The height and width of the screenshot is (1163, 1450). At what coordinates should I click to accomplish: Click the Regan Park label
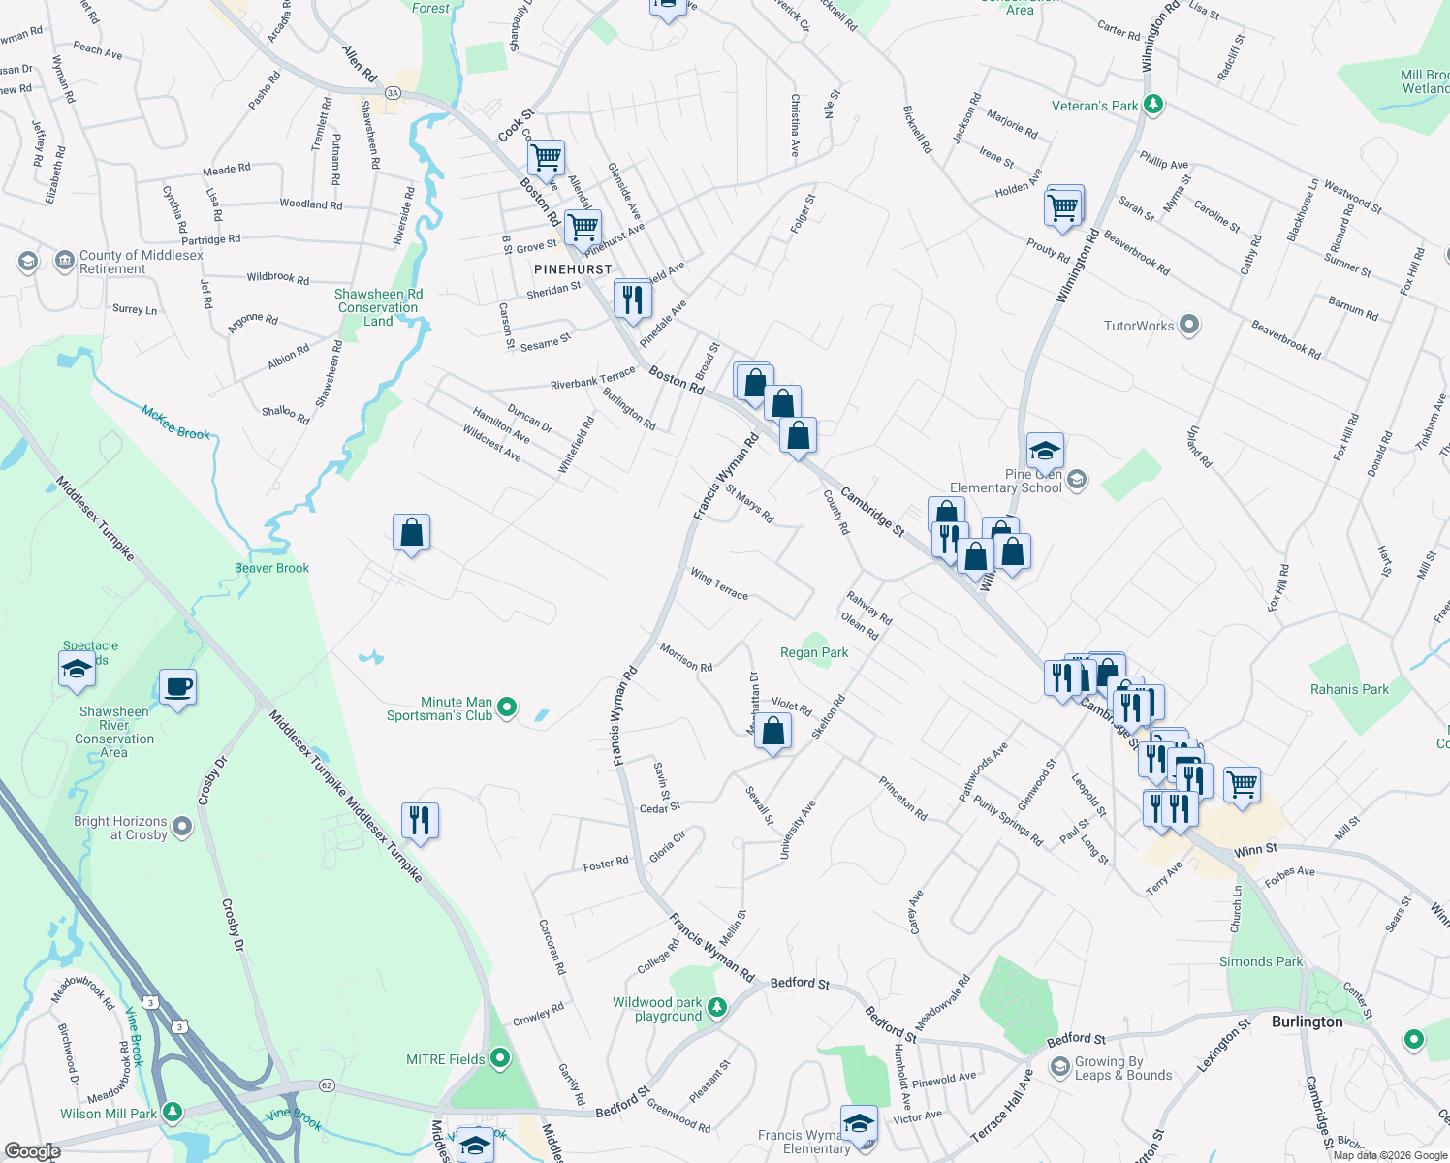(x=814, y=653)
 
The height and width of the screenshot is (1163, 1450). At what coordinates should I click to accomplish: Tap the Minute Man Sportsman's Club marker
(x=507, y=708)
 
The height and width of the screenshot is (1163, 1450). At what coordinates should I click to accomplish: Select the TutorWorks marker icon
(x=1189, y=326)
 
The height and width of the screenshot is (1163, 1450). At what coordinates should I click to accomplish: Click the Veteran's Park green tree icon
(x=1152, y=105)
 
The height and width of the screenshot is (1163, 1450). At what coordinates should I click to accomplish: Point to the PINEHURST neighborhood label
(x=573, y=269)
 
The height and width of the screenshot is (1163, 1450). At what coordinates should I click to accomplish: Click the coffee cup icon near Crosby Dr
(x=177, y=688)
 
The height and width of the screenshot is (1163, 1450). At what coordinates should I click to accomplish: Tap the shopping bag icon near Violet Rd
(x=773, y=732)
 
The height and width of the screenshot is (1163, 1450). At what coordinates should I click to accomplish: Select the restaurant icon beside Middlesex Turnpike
(x=419, y=820)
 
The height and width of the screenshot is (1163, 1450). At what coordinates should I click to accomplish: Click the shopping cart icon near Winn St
(x=1242, y=783)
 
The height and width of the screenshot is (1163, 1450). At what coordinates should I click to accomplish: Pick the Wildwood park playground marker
(x=716, y=1008)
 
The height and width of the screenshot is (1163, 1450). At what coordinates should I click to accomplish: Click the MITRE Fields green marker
(x=500, y=1058)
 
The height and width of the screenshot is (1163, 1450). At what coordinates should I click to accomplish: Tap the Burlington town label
(x=1307, y=1022)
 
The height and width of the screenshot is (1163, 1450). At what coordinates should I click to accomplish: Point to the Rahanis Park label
(x=1349, y=690)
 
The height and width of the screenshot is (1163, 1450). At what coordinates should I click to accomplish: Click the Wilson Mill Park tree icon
(x=172, y=1112)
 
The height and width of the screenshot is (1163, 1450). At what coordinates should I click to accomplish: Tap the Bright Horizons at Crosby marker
(x=182, y=828)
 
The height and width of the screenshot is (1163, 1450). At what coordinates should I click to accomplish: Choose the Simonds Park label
(x=1260, y=962)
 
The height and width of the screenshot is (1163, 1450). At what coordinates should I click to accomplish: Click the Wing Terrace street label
(x=718, y=584)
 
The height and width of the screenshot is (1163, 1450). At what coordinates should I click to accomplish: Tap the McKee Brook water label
(x=175, y=423)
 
